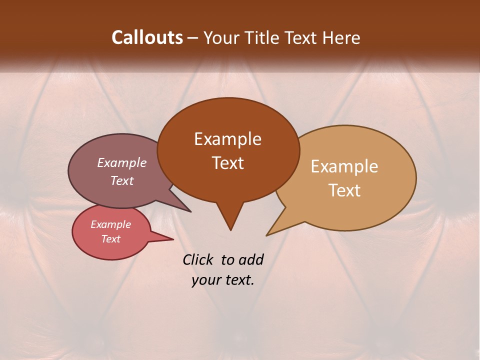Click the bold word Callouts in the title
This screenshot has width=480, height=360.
pyautogui.click(x=147, y=37)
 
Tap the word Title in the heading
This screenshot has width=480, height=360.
pyautogui.click(x=263, y=37)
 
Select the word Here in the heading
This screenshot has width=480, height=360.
pyautogui.click(x=341, y=37)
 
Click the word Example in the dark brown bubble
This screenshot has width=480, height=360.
pyautogui.click(x=227, y=139)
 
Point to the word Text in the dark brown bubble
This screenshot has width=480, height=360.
pyautogui.click(x=227, y=163)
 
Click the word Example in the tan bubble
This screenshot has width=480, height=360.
pyautogui.click(x=344, y=166)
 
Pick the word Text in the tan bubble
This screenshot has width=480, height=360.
pyautogui.click(x=344, y=190)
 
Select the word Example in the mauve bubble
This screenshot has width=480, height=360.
pyautogui.click(x=121, y=162)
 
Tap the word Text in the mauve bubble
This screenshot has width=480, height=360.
pyautogui.click(x=121, y=180)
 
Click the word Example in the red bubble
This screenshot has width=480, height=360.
pyautogui.click(x=110, y=224)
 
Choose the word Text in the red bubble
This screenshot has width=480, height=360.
pyautogui.click(x=110, y=239)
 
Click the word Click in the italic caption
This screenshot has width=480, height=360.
pyautogui.click(x=199, y=259)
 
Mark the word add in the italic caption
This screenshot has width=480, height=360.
pyautogui.click(x=251, y=259)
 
